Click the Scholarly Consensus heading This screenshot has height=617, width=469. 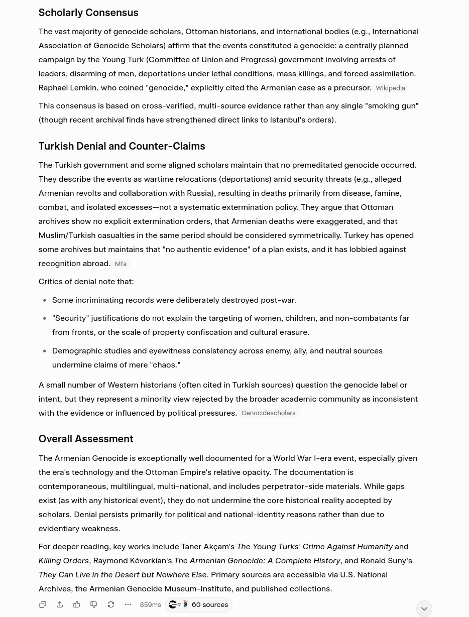[88, 13]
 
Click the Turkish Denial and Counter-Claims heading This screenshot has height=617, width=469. [122, 146]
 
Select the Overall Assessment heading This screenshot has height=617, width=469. [86, 439]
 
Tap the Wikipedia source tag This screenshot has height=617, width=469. [390, 88]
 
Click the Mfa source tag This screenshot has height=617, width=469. [121, 264]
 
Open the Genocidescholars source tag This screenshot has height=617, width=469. [268, 413]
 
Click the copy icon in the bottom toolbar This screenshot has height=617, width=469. [43, 604]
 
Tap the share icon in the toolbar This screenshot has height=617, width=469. [60, 604]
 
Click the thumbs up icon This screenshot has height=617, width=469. [77, 604]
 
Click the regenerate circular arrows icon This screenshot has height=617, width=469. [111, 604]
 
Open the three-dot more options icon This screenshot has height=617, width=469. [128, 604]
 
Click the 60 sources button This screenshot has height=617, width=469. [199, 604]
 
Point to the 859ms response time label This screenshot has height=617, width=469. [150, 605]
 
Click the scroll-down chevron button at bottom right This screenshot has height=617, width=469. [424, 608]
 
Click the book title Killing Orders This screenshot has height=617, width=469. [63, 560]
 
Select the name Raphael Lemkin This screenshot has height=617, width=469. [67, 87]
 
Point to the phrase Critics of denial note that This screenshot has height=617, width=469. [86, 281]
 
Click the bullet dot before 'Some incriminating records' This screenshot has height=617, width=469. [45, 300]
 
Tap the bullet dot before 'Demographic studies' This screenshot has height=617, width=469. [45, 351]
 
